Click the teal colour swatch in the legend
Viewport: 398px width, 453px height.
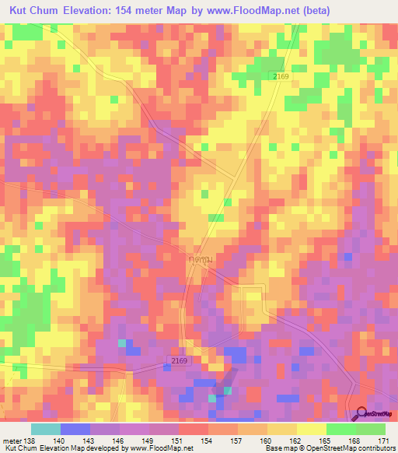46,429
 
